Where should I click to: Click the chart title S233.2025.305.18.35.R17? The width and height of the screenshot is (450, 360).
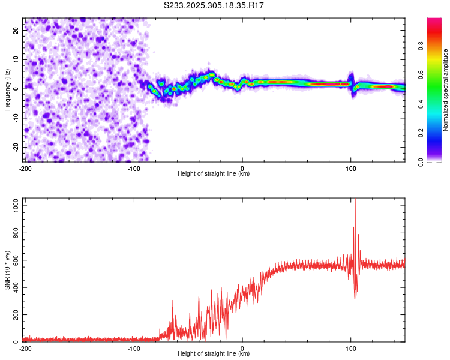point(214,5)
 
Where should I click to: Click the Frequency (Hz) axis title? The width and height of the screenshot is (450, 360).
point(7,89)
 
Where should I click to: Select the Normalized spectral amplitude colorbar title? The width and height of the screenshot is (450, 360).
point(446,90)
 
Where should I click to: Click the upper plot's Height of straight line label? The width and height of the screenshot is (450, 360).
point(214,174)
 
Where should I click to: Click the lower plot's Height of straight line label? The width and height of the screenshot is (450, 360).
point(214,354)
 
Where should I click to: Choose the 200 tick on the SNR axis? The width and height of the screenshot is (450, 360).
point(16,315)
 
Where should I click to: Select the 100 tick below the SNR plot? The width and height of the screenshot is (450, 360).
point(351,348)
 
